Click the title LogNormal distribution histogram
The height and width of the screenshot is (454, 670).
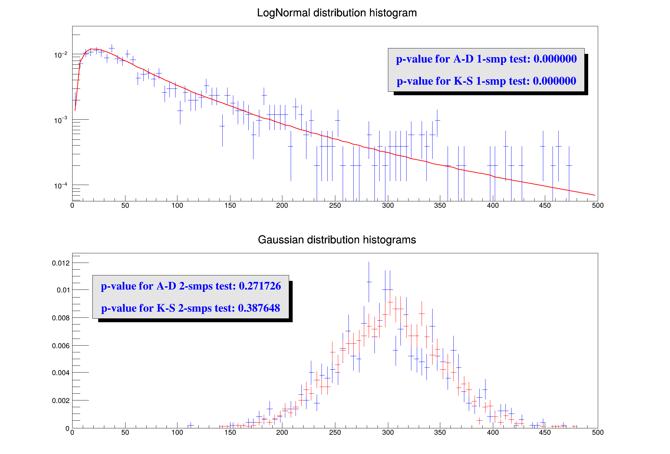tap(337, 13)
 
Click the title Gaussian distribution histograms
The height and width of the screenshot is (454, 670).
tap(337, 240)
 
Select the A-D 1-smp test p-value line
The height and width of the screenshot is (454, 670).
tap(486, 59)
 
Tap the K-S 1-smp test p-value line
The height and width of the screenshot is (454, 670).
tap(486, 81)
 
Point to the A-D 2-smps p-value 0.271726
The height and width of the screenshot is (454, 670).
tap(260, 286)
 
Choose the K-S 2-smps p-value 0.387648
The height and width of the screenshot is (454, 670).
tap(259, 308)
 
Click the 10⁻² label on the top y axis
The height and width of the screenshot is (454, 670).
tap(61, 55)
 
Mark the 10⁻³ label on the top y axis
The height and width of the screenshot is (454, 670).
tap(61, 120)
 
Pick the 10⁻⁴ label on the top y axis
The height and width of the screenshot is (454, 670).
tap(61, 186)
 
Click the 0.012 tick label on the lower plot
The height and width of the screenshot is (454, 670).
tap(61, 263)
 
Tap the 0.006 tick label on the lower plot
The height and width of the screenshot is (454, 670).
tap(61, 346)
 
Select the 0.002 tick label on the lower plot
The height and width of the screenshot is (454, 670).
tap(61, 400)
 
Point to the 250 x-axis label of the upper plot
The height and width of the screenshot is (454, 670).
tap(335, 206)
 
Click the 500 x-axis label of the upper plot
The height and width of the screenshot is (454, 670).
tap(598, 206)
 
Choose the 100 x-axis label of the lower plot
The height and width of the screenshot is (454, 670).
tap(177, 433)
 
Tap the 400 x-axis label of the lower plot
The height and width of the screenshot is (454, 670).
tap(493, 433)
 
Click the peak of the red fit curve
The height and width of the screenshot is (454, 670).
tap(93, 49)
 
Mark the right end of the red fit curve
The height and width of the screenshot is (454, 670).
tap(595, 195)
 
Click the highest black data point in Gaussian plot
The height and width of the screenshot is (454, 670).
tap(369, 282)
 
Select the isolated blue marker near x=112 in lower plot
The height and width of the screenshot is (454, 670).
tap(191, 425)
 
